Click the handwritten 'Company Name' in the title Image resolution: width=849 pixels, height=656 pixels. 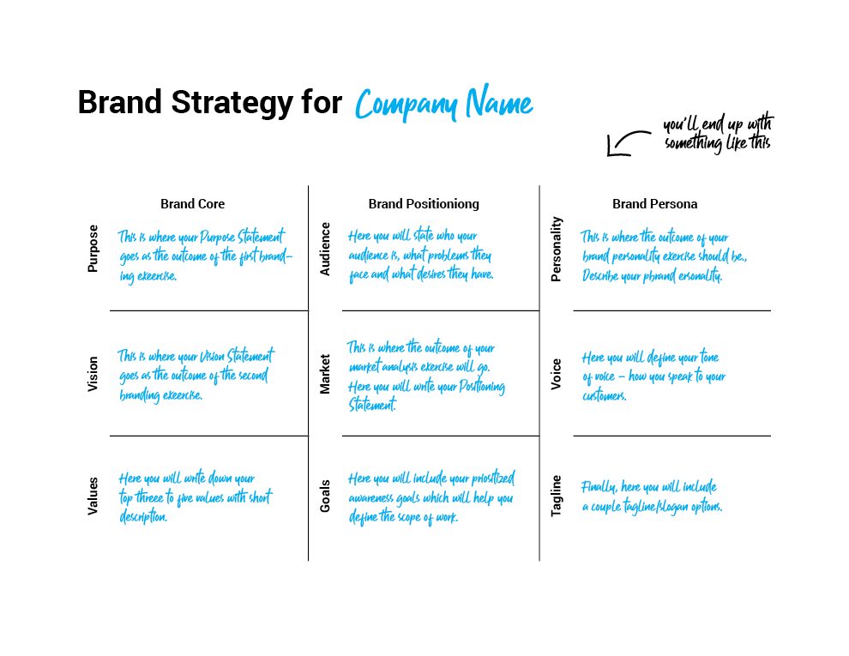point(444,103)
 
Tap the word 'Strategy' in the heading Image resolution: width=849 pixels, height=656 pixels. point(232,104)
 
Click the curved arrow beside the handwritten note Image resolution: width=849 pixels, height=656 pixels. point(628,143)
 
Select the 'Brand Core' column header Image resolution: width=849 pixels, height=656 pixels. point(192,204)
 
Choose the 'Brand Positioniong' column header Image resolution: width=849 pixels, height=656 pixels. point(424,204)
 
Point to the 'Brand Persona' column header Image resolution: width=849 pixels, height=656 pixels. point(654,204)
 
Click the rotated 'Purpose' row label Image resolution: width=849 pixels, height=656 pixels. point(93,249)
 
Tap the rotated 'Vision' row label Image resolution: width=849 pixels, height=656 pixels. point(93,374)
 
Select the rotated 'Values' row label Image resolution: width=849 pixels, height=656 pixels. point(93,496)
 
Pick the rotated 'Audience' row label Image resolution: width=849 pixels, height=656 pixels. point(325,249)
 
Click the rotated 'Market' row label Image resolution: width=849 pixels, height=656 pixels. point(325,374)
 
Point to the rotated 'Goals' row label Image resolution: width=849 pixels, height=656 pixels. point(325,496)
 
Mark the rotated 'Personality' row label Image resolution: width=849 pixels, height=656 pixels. point(556,250)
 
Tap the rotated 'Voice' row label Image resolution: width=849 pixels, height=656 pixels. point(556,374)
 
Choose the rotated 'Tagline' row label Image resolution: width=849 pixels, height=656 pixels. point(556,496)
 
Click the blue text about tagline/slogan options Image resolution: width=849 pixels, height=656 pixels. point(652,497)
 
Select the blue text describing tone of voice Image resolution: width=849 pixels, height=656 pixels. point(653,376)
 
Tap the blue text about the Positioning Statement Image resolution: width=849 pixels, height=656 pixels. point(426,394)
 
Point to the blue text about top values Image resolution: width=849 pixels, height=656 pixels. point(196,497)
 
